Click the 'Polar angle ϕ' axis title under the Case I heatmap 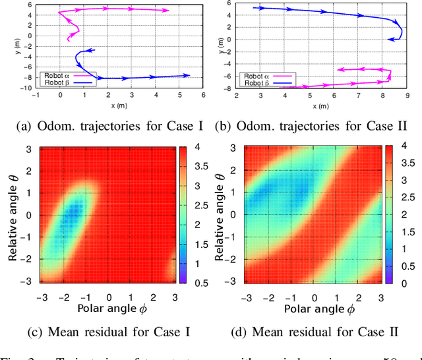(x=109, y=308)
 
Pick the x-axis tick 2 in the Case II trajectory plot (x=237, y=96)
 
